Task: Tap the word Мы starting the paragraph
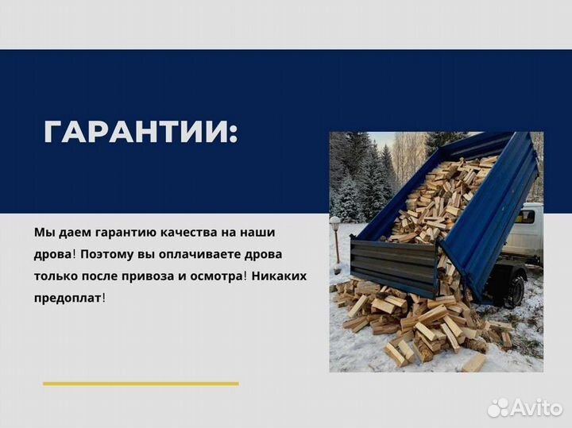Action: [43, 233]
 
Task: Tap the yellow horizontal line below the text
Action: [141, 384]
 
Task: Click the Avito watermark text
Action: [535, 407]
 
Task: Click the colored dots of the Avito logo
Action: [498, 407]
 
